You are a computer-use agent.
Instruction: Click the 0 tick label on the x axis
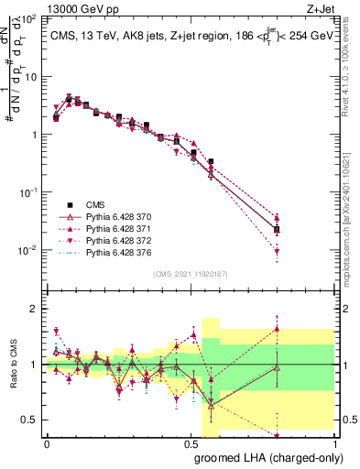[47, 443]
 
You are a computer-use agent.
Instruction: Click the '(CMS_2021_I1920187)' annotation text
[190, 273]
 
